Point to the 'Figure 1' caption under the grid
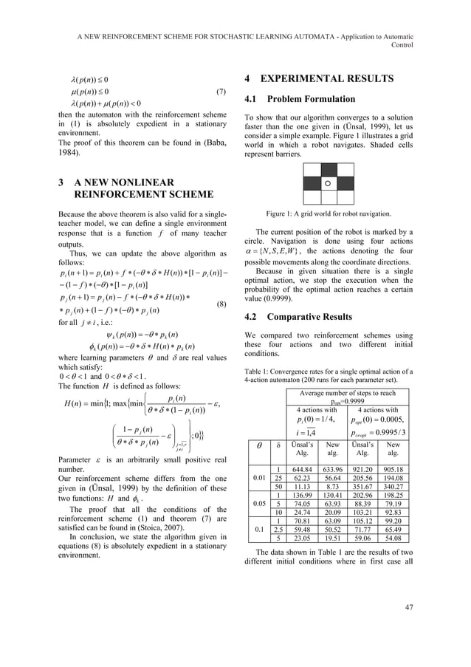coord(328,213)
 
